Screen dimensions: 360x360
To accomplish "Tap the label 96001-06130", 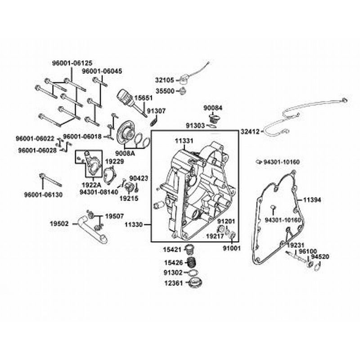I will tap(43, 195).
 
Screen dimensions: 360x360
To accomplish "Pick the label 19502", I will tap(60, 222).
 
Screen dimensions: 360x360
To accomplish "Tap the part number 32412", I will tap(250, 132).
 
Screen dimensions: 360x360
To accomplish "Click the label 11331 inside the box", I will tap(184, 140).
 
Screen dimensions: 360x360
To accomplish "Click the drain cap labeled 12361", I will tap(195, 283).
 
